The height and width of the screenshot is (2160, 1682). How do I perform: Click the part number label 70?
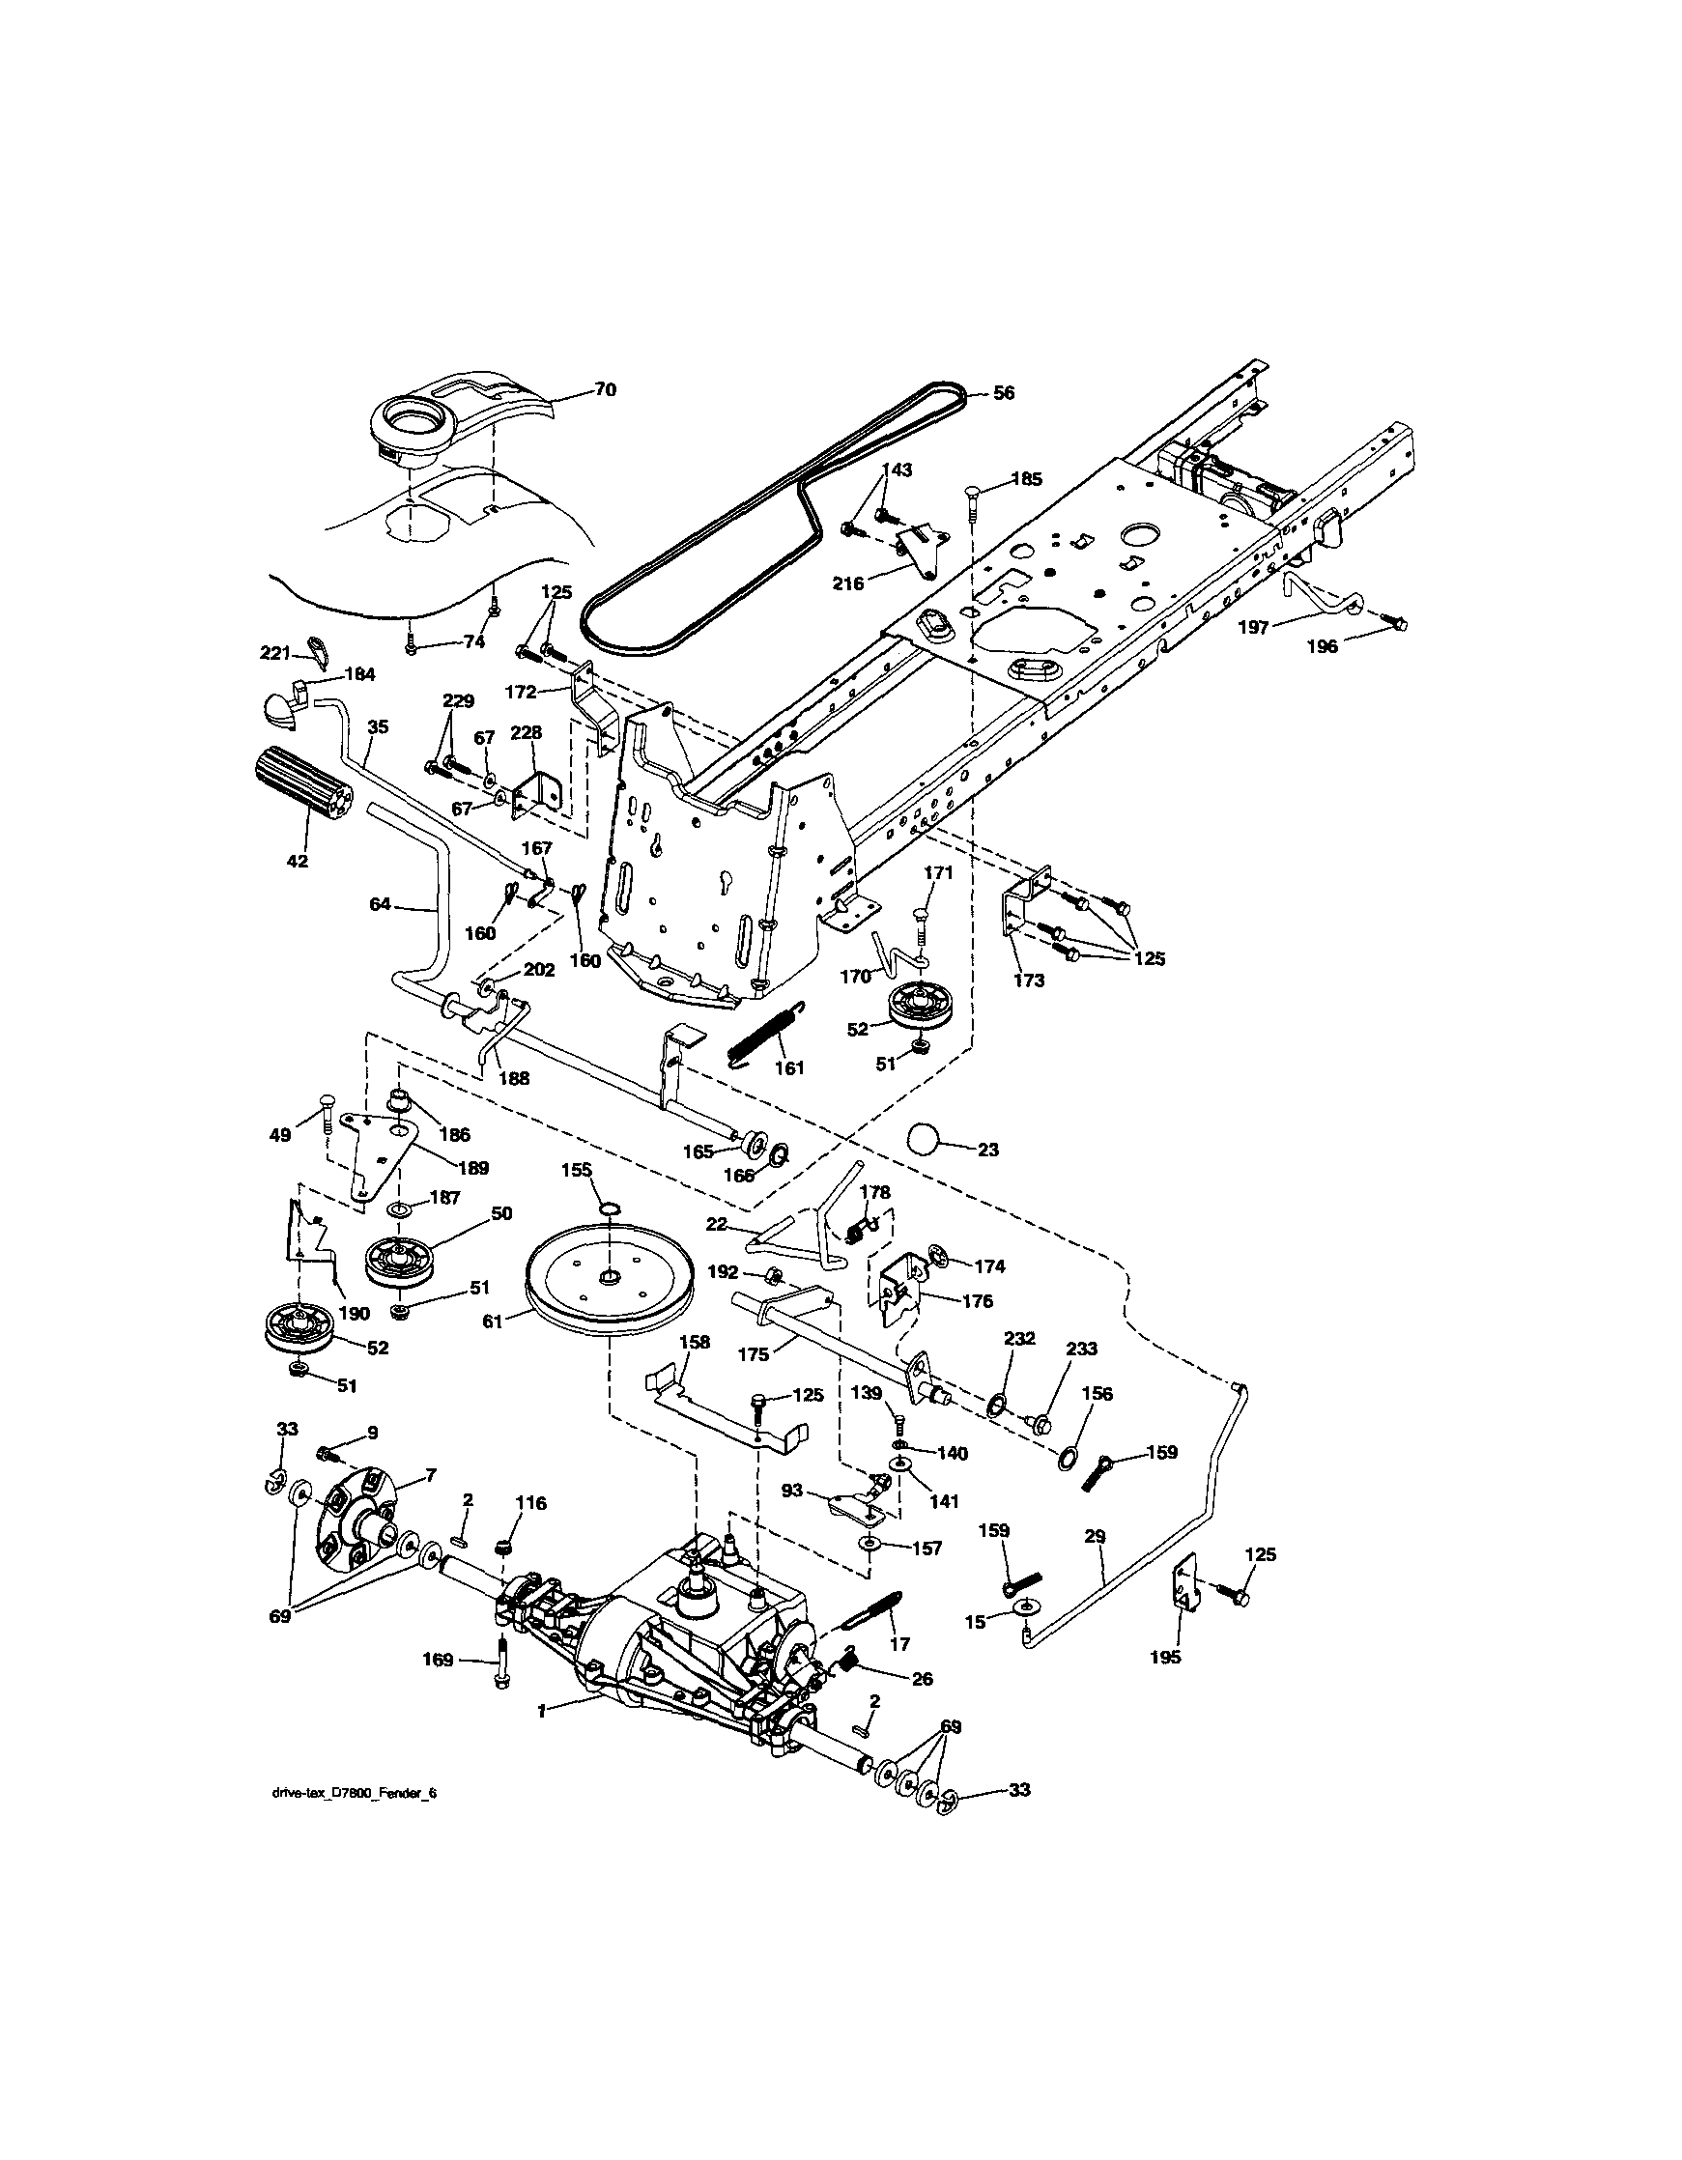[604, 390]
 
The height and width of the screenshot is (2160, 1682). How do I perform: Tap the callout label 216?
[847, 583]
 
